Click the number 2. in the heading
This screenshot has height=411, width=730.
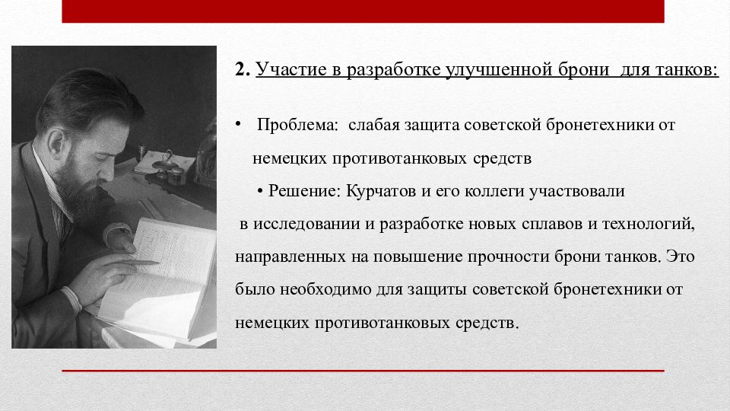click(243, 69)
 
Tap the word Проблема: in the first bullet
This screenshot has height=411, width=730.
click(297, 124)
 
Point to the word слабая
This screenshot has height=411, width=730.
click(374, 124)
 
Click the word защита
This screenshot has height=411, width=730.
click(432, 125)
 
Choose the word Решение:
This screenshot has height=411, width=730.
click(305, 190)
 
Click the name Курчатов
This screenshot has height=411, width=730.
click(381, 191)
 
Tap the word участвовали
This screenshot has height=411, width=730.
click(577, 191)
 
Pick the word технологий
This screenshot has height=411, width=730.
click(648, 224)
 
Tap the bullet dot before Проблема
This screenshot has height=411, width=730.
click(238, 124)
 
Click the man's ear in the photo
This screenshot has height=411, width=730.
click(56, 142)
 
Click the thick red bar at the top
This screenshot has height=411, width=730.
click(363, 11)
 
